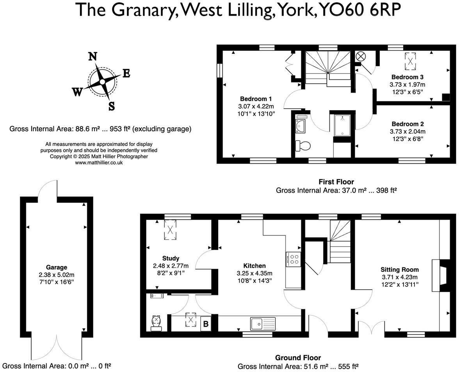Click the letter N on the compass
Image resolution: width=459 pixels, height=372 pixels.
click(x=93, y=56)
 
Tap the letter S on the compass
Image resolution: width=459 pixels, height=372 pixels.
click(x=112, y=106)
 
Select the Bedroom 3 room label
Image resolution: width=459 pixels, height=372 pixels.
click(x=407, y=77)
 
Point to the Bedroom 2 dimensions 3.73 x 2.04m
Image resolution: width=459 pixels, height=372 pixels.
click(x=407, y=131)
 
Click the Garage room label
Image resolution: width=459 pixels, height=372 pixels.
click(x=57, y=267)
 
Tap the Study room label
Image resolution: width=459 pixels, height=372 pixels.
click(x=171, y=258)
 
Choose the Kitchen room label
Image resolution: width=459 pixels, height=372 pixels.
click(x=254, y=266)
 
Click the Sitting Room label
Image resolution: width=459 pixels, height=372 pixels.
click(x=400, y=270)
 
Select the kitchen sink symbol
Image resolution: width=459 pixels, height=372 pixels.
click(x=263, y=324)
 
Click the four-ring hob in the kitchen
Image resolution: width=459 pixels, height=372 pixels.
click(x=294, y=259)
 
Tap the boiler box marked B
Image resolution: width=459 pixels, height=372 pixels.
click(x=206, y=324)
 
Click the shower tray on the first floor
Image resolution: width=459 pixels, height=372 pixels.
click(x=343, y=125)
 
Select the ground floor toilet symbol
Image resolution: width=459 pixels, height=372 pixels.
click(x=156, y=323)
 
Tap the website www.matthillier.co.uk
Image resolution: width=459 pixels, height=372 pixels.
click(x=99, y=163)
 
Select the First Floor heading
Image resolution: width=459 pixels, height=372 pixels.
click(x=336, y=182)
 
